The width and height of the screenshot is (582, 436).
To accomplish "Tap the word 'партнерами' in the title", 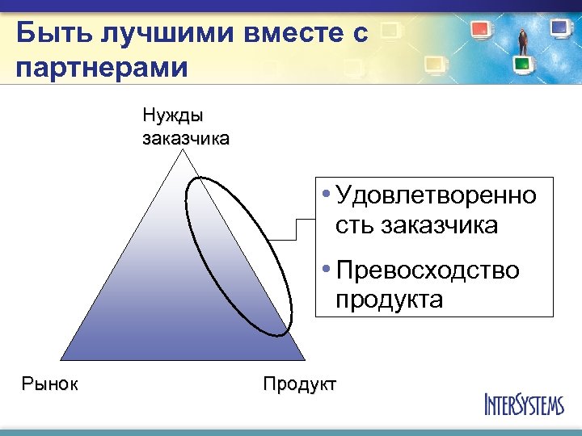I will coord(101,66).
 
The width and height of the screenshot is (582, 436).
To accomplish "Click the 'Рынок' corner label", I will coord(50,384).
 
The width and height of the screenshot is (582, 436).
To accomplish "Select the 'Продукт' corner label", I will coord(299,384).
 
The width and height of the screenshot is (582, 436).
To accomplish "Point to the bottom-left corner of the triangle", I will coord(63,360).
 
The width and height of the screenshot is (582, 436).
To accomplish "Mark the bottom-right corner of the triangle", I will coord(305,360).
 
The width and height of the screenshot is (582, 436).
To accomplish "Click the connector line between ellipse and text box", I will coord(295,229).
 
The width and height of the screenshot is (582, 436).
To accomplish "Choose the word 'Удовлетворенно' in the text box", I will coord(436,195).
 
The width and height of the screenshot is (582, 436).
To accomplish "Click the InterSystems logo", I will coord(524,404).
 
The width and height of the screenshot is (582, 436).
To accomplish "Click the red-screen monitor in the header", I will coord(481,30).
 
